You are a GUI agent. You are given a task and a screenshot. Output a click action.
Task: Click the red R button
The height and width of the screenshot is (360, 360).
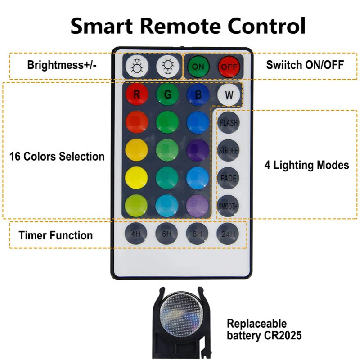coord(137,95)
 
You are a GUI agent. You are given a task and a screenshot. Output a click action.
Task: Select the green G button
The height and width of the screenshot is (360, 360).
coord(167,95)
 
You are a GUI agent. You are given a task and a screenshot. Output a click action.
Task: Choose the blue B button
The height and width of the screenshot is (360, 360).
coord(198,95)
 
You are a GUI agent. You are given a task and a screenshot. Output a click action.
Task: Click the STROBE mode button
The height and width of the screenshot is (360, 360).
coord(229,150)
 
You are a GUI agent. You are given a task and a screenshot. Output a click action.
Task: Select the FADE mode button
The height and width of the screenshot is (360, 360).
coord(229,178)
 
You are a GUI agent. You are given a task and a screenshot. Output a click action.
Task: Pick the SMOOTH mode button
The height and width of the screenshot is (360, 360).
coord(229,206)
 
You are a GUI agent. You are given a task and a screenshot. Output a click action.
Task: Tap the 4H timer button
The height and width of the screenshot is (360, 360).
coord(136,234)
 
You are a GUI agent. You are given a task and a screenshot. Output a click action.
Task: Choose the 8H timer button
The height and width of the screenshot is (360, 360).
coord(198,234)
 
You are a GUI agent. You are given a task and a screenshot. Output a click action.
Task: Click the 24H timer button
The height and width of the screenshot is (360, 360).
coord(229,234)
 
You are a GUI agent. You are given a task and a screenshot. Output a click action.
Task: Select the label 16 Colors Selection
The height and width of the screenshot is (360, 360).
coord(57,157)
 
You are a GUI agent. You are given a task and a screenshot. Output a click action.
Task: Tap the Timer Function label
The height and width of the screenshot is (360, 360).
coord(55,235)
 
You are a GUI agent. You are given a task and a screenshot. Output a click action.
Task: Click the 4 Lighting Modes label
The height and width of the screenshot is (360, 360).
coord(306,165)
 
